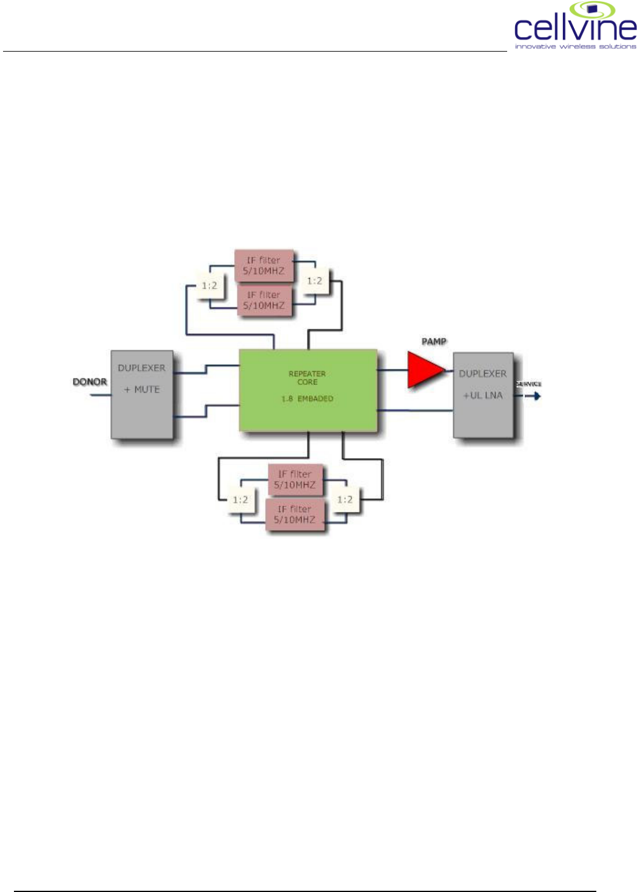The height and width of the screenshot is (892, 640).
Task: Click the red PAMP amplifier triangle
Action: coord(425,370)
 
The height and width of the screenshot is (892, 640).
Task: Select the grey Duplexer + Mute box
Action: coord(142,394)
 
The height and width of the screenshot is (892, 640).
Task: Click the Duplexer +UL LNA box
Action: coord(483,395)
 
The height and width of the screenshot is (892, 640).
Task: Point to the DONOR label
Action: coord(90,382)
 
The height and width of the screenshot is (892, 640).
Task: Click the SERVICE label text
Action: coord(528,384)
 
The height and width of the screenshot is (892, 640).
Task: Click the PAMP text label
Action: coord(434,342)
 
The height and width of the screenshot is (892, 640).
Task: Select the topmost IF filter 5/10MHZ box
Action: coord(264,266)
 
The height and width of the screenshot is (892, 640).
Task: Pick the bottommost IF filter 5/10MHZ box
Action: coord(295,514)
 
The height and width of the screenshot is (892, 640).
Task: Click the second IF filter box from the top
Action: coord(264,301)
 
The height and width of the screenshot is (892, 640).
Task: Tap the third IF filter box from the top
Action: coord(295,480)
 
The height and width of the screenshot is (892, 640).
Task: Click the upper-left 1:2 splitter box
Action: coord(209,285)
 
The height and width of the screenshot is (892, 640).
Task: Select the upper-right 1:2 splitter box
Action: coord(314,281)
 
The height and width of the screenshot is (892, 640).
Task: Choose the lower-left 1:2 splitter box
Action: coord(240,500)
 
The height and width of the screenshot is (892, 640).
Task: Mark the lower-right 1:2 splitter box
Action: coord(345,499)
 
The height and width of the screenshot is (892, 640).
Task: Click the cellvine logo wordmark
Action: coord(575,28)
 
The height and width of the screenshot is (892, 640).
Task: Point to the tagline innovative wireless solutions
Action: coord(575,46)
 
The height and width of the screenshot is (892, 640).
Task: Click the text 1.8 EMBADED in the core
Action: coord(307,399)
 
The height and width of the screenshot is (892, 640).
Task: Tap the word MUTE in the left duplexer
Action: coord(147,390)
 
